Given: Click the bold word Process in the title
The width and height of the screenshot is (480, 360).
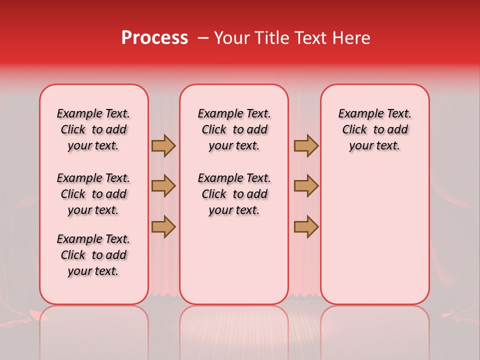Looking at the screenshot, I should coord(154,38).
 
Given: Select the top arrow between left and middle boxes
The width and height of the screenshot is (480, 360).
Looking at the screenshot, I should coord(163,145).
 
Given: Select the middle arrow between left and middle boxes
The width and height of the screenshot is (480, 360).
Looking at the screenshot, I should coord(163,186).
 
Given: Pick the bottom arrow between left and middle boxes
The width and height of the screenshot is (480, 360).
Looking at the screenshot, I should coord(163,226).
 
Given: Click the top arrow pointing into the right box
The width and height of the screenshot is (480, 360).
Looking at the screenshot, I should coord(306,145).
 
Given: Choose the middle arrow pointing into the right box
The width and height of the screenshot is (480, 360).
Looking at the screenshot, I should coord(306,186).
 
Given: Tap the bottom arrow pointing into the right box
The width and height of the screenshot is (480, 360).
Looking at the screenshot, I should coord(306,226).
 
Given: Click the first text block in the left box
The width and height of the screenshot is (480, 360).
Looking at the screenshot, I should coord(93,129).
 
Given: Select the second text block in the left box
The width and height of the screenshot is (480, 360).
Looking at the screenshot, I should coord(93,194).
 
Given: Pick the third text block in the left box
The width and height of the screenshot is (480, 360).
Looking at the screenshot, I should coord(93,255).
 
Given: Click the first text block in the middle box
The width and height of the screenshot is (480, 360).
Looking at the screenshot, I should coord(234,129).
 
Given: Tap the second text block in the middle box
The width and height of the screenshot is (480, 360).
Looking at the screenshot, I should coord(234,194).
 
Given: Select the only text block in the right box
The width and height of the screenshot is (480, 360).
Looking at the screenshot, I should coord(374,129).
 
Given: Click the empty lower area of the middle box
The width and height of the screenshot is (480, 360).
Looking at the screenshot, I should coord(234,260).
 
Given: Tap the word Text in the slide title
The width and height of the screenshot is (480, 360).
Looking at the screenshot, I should coord(305,38).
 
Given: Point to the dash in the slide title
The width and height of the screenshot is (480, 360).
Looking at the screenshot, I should coord(203,38).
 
